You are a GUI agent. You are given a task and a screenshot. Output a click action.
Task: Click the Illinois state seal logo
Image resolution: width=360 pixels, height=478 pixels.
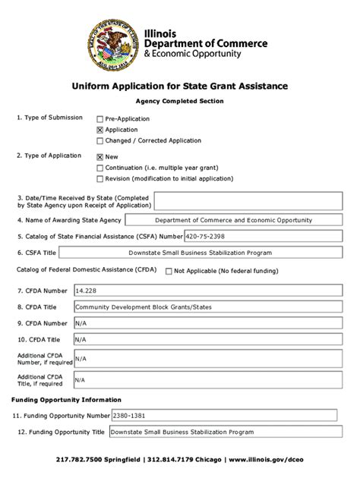pyautogui.click(x=119, y=40)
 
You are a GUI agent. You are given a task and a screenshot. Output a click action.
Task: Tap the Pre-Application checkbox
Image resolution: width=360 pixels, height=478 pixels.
pyautogui.click(x=99, y=119)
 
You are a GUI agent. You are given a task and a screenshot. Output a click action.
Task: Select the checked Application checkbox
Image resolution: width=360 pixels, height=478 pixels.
pyautogui.click(x=99, y=130)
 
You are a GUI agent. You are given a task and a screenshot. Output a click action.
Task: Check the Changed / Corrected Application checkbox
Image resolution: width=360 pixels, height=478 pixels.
pyautogui.click(x=99, y=140)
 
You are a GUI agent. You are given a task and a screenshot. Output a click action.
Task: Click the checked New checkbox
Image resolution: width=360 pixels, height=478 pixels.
pyautogui.click(x=99, y=157)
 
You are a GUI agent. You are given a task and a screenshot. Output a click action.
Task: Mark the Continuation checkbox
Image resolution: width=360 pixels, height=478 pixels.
pyautogui.click(x=99, y=168)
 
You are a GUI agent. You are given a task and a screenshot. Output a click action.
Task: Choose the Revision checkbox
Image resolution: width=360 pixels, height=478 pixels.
pyautogui.click(x=99, y=179)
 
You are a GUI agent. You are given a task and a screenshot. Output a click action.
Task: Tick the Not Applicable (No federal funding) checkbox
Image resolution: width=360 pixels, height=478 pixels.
pyautogui.click(x=169, y=271)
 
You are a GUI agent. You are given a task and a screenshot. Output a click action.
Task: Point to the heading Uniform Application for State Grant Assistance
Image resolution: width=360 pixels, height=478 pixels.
pyautogui.click(x=180, y=86)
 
